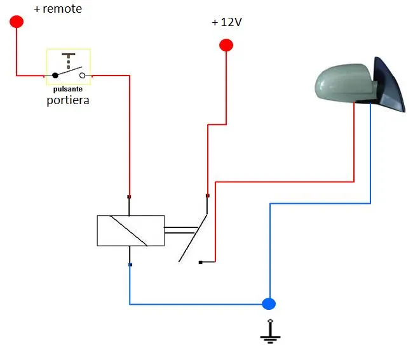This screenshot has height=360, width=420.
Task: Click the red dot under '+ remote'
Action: tap(17, 22)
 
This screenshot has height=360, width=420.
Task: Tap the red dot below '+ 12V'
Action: tap(226, 45)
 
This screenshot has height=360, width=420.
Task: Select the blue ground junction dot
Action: tap(269, 303)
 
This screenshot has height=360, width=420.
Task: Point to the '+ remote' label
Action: tap(58, 9)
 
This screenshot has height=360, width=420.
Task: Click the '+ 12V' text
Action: tap(227, 22)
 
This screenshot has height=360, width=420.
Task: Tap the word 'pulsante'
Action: tap(68, 89)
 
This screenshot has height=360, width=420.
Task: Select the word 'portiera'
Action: tap(68, 100)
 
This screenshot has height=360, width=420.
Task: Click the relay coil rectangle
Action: tap(131, 230)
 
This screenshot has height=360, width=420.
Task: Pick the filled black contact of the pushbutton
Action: tap(55, 76)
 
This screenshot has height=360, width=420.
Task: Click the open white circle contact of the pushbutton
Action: tap(82, 76)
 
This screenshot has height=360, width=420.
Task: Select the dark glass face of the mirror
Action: tap(390, 84)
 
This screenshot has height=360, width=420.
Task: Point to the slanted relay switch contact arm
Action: tap(193, 238)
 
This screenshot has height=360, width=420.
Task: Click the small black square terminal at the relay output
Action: tap(201, 262)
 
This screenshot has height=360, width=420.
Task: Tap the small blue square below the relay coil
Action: tap(130, 265)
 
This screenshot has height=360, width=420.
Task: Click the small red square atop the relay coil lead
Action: tap(129, 197)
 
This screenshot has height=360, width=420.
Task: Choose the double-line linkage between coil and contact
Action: tap(181, 230)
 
